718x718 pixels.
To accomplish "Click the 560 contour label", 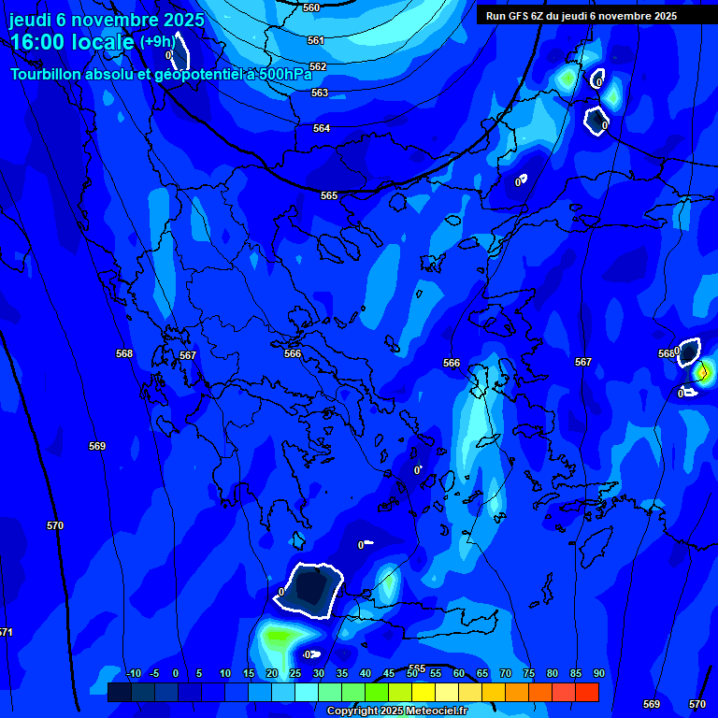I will [311, 7].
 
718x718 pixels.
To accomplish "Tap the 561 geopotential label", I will [316, 40].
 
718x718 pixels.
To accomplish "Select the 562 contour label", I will [318, 66].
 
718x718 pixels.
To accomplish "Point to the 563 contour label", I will [320, 93].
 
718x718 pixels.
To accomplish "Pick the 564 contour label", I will [322, 128].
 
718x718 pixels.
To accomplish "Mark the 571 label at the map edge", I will [6, 633].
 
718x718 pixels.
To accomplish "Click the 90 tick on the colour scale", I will [598, 673].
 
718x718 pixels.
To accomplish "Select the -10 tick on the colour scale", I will [133, 673].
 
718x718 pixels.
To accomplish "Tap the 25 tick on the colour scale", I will [294, 673].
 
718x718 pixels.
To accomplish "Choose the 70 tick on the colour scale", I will [505, 673].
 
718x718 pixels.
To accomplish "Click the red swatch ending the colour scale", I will [586, 692].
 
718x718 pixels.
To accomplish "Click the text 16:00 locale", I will [71, 43].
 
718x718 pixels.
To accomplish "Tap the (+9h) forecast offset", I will [157, 41].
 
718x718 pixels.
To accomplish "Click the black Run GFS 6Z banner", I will [581, 15].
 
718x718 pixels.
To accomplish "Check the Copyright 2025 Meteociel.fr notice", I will [396, 711].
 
